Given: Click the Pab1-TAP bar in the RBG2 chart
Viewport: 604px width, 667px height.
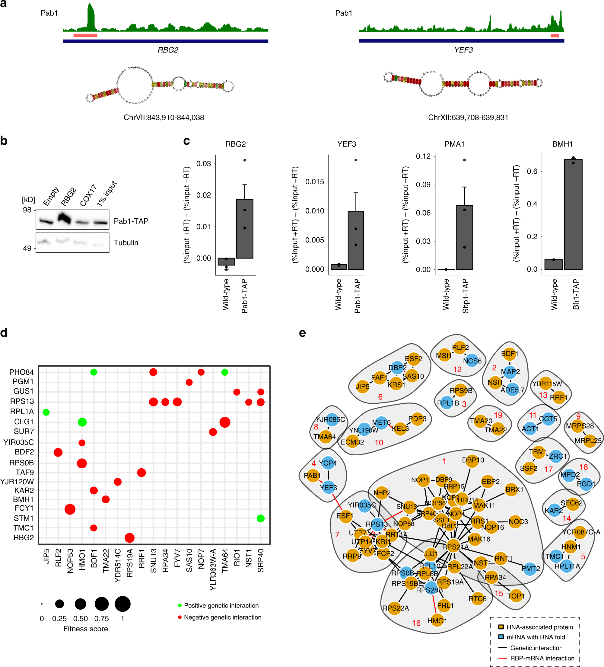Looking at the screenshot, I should coord(244,228).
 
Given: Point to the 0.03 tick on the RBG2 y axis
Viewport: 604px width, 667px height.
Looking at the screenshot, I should coord(203,163).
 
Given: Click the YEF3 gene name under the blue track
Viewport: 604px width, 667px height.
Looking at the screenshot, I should coord(463,50).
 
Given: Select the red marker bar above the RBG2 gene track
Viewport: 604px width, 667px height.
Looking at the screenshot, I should coord(85,35).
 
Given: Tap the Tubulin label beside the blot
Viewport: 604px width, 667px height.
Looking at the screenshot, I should coord(126,242).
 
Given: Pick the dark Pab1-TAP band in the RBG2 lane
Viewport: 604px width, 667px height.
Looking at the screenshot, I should coord(65,219).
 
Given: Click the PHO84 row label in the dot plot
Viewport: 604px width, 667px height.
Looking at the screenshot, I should coord(21,372).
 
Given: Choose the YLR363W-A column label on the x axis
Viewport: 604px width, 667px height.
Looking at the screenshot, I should coord(213,569).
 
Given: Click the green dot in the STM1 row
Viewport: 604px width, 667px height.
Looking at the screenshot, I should coord(260,518).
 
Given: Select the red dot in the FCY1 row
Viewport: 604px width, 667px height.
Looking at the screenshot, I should coord(70,509).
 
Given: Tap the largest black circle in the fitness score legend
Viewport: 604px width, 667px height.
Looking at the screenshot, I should coord(123,604).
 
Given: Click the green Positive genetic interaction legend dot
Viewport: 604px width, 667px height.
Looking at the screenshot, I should coord(180,605).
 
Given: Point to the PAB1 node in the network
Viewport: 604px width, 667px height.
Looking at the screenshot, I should coord(312,476).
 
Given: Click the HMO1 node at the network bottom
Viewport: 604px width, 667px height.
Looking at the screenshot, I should coord(437,621).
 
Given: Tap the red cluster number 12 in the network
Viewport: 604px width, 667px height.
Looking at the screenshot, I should coord(457,369).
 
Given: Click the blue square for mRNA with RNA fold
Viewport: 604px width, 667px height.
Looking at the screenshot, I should coord(501,637).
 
